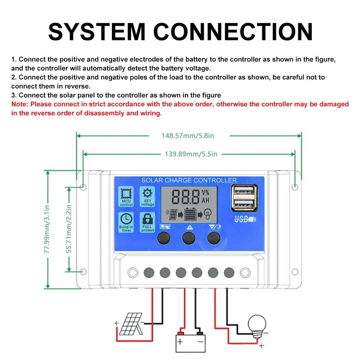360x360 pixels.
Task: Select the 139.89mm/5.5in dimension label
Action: click(189, 154)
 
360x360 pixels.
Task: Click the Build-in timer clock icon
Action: click(126, 221)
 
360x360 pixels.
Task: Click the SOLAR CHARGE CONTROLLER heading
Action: click(189, 180)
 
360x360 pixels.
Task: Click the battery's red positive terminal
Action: click(181, 333)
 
